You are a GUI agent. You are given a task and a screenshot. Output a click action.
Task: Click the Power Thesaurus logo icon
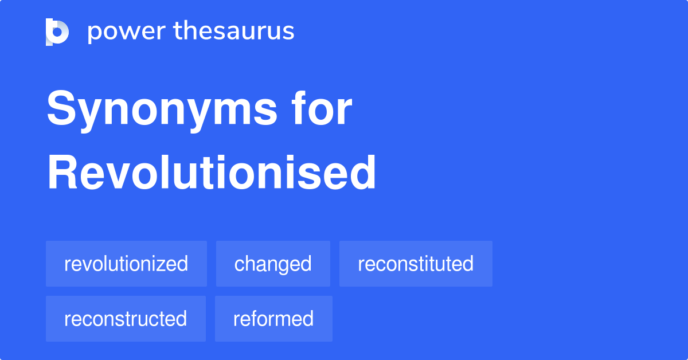coord(57,32)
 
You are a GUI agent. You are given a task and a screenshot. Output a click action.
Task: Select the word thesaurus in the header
coord(234,32)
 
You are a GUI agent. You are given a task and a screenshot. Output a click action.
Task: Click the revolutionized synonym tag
coord(126,264)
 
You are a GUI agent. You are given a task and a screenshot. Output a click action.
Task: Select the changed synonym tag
coord(273,264)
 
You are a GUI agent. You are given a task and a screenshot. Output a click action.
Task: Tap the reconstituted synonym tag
coord(416,264)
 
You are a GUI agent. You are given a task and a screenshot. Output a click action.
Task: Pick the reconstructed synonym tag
coord(126,319)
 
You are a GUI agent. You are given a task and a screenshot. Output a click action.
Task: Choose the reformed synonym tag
coord(273,319)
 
